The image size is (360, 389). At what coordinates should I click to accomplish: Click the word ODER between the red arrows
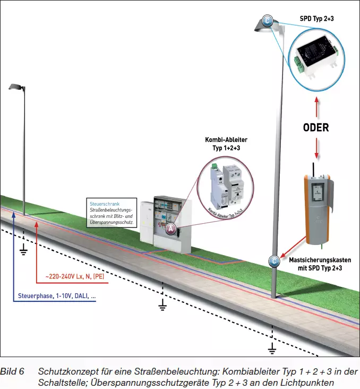[316, 128]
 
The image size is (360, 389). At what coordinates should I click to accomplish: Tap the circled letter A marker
[171, 229]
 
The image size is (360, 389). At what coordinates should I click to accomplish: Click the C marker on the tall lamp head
[268, 21]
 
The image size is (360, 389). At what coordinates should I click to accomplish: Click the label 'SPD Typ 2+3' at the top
[317, 19]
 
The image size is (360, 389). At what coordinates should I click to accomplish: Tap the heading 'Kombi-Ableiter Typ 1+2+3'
[227, 143]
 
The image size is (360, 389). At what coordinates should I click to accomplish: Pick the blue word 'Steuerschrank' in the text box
[104, 204]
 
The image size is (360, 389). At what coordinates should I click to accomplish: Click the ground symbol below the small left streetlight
[23, 250]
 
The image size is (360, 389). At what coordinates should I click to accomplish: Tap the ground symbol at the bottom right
[272, 349]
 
